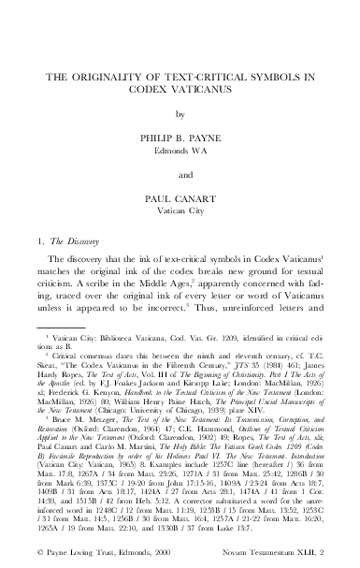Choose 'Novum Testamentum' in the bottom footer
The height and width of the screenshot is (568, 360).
click(268, 559)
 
